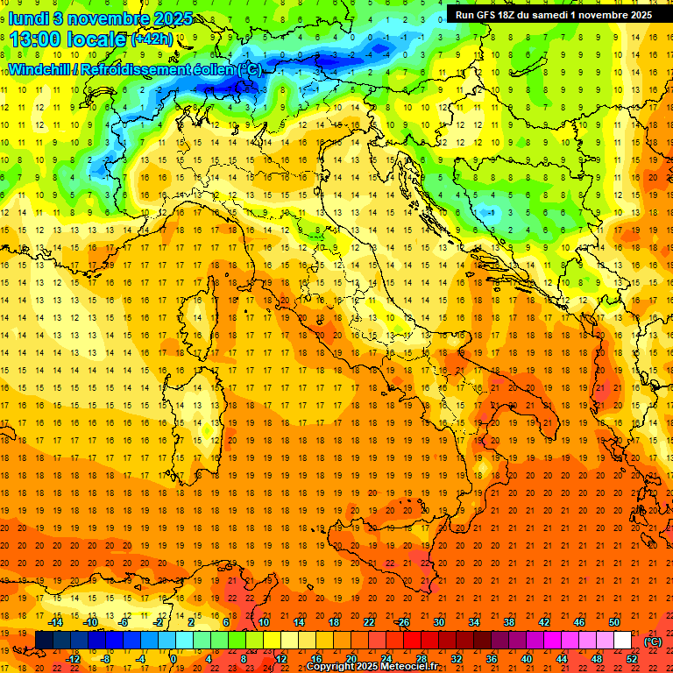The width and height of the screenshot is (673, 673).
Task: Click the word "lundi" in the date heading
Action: tap(28, 18)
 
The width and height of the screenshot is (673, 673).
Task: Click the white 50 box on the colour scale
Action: tap(622, 640)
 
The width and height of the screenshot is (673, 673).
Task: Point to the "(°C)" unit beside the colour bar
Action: tap(653, 641)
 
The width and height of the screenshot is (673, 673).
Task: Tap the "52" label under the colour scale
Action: tap(632, 658)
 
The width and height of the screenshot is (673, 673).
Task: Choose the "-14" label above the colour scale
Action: tap(56, 622)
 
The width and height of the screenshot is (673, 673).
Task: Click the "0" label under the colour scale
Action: tap(174, 658)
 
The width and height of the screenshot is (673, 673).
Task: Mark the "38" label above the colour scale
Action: tap(508, 622)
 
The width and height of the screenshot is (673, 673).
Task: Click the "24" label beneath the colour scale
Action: tap(385, 658)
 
